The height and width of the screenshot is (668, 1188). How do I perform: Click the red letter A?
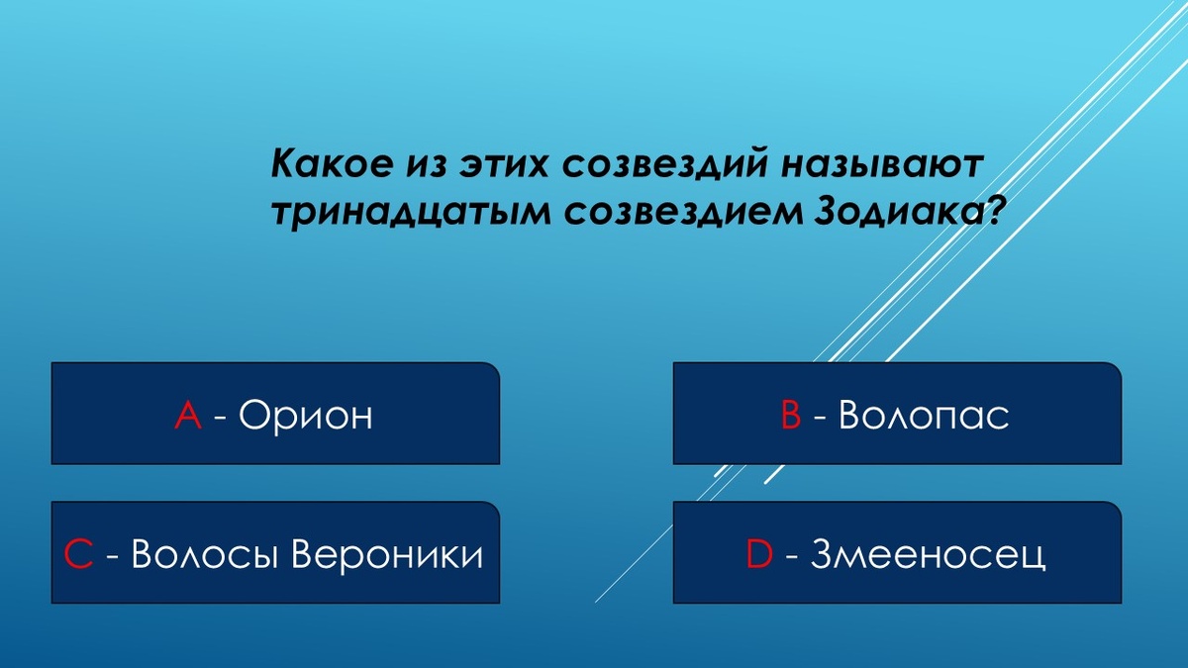pos(188,416)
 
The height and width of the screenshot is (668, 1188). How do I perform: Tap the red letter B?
pos(790,416)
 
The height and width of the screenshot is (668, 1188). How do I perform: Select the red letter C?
pos(79,555)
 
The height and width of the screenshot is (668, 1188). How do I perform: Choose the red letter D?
pos(759,555)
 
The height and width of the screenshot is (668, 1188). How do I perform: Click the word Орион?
pos(305,416)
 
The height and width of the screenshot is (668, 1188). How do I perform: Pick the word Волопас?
pos(923,416)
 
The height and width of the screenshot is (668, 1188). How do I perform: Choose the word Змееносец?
pos(927,555)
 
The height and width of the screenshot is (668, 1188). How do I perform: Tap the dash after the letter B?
pos(820,418)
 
